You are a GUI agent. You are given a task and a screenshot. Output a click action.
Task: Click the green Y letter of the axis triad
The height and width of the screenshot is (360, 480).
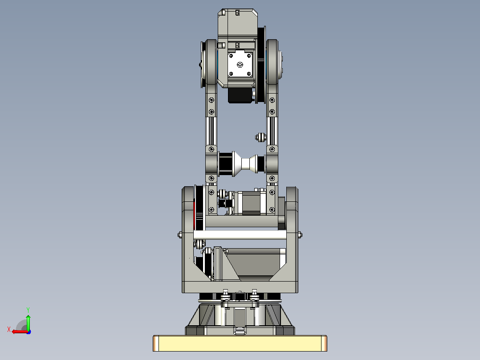pyautogui.click(x=28, y=310)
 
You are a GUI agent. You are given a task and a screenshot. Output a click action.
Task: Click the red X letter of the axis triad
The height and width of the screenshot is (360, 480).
pyautogui.click(x=9, y=329)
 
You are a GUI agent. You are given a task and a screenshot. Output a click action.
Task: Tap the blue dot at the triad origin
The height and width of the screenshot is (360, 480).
pyautogui.click(x=28, y=332)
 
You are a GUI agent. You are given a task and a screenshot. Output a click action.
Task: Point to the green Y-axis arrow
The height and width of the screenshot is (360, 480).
pyautogui.click(x=28, y=322)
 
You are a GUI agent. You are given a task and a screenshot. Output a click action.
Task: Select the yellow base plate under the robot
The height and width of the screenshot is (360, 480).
pyautogui.click(x=240, y=343)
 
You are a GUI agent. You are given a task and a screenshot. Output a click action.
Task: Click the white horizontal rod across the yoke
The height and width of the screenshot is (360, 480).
pyautogui.click(x=240, y=235)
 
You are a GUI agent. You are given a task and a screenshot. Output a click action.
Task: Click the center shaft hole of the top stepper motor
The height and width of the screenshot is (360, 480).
pyautogui.click(x=240, y=65)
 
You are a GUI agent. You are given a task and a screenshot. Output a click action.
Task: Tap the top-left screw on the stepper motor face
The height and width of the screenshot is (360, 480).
pyautogui.click(x=231, y=56)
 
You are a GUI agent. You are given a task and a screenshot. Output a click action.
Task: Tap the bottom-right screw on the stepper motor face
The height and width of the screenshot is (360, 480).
pyautogui.click(x=249, y=74)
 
